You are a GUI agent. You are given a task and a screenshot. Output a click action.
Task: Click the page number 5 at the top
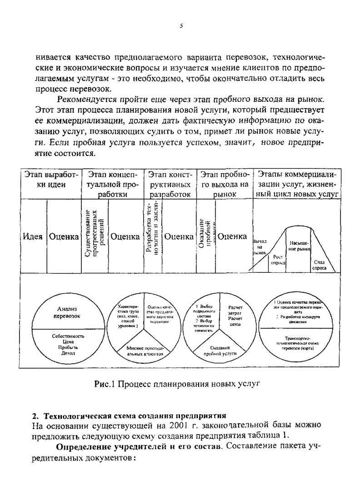[x=181, y=25]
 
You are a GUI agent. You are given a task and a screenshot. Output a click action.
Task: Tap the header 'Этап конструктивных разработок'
[x=170, y=184]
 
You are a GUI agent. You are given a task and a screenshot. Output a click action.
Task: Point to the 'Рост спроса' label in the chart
[x=278, y=260]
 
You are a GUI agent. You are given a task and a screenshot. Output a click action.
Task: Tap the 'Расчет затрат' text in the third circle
[x=235, y=311]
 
